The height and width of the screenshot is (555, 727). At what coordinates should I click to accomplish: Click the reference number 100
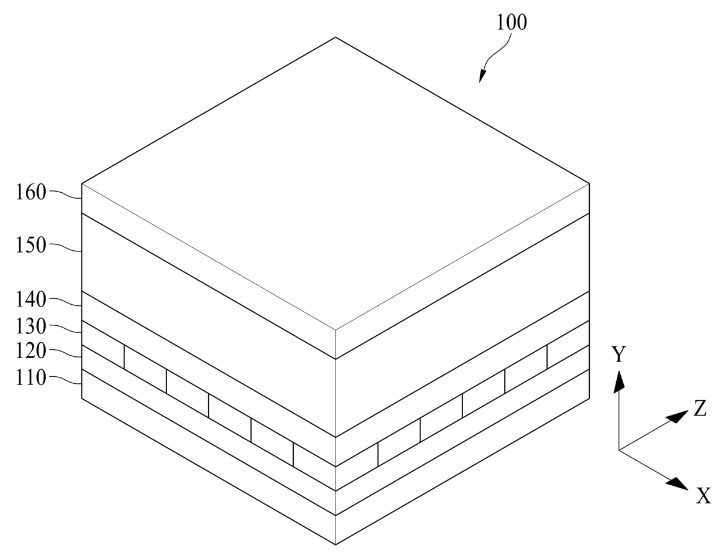pyautogui.click(x=512, y=22)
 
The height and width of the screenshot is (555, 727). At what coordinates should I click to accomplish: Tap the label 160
pyautogui.click(x=30, y=192)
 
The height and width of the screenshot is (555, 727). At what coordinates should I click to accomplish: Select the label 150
pyautogui.click(x=30, y=245)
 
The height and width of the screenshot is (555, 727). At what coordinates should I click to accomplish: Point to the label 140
pyautogui.click(x=30, y=299)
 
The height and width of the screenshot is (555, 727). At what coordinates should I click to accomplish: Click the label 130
pyautogui.click(x=30, y=326)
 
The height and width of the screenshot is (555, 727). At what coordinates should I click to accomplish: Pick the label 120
pyautogui.click(x=30, y=351)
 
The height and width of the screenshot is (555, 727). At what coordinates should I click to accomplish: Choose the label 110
pyautogui.click(x=30, y=378)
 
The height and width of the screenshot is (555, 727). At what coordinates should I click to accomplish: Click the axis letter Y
pyautogui.click(x=619, y=355)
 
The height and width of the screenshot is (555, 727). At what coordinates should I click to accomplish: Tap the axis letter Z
pyautogui.click(x=700, y=408)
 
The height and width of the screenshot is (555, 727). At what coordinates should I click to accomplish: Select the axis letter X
pyautogui.click(x=704, y=496)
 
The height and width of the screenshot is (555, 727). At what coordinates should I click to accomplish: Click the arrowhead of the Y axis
pyautogui.click(x=619, y=380)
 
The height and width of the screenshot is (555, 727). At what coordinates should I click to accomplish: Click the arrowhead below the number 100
pyautogui.click(x=483, y=76)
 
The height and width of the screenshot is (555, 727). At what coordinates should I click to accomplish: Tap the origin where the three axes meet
pyautogui.click(x=619, y=450)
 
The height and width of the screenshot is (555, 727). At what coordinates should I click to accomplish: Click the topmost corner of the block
pyautogui.click(x=335, y=38)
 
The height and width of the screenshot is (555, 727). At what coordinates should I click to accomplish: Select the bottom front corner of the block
pyautogui.click(x=335, y=544)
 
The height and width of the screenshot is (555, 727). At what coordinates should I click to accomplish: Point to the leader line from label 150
pyautogui.click(x=66, y=247)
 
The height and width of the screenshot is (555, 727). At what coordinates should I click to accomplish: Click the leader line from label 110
pyautogui.click(x=66, y=380)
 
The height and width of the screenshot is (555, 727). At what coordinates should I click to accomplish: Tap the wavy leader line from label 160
pyautogui.click(x=66, y=194)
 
